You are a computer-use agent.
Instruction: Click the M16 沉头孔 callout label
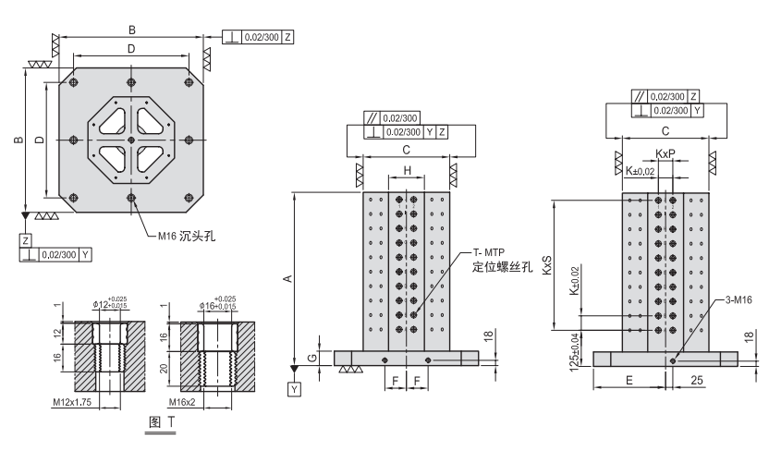point(184,237)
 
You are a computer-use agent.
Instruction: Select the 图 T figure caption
point(162,421)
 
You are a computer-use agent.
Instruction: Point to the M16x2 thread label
point(185,403)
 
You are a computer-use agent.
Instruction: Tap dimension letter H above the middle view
point(406,172)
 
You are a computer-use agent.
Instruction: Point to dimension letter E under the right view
point(629,379)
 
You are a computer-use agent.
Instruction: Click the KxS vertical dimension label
point(547,266)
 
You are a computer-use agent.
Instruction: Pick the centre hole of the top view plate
point(132,140)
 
